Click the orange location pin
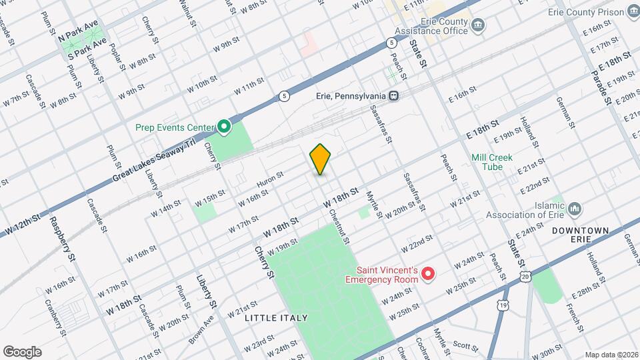[321, 159]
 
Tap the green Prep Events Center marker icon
[225, 126]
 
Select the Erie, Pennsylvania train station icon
[395, 95]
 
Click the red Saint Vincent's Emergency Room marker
[429, 274]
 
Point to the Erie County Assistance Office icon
[477, 25]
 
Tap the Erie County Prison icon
[631, 11]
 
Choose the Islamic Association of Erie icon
[576, 209]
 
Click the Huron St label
[270, 179]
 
